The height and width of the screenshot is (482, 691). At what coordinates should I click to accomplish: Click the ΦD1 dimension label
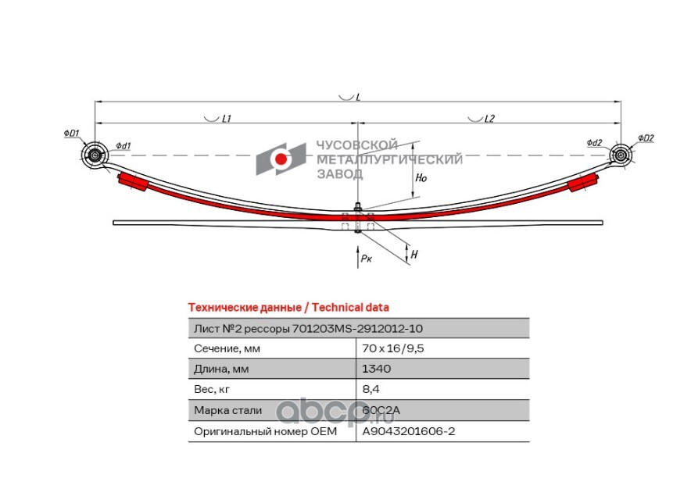(x=71, y=134)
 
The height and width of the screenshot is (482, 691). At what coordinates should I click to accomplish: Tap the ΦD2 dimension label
(x=645, y=138)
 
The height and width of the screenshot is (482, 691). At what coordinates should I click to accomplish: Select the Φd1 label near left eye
(x=124, y=146)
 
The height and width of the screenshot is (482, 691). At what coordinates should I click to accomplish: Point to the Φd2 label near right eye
(x=594, y=143)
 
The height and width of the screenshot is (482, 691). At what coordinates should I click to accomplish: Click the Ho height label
(x=421, y=178)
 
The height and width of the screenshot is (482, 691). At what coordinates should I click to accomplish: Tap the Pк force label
(x=366, y=258)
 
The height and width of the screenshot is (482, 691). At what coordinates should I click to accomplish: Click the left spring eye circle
(x=95, y=155)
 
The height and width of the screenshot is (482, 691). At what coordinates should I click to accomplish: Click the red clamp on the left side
(x=132, y=183)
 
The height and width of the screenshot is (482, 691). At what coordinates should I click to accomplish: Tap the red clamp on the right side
(x=582, y=183)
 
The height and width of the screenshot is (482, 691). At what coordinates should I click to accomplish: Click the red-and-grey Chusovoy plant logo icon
(x=280, y=159)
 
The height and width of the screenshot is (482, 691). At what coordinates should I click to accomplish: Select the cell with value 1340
(x=377, y=369)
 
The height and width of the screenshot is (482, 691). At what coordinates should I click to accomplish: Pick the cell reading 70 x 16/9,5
(x=392, y=348)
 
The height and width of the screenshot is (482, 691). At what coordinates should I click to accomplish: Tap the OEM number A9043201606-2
(x=408, y=430)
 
